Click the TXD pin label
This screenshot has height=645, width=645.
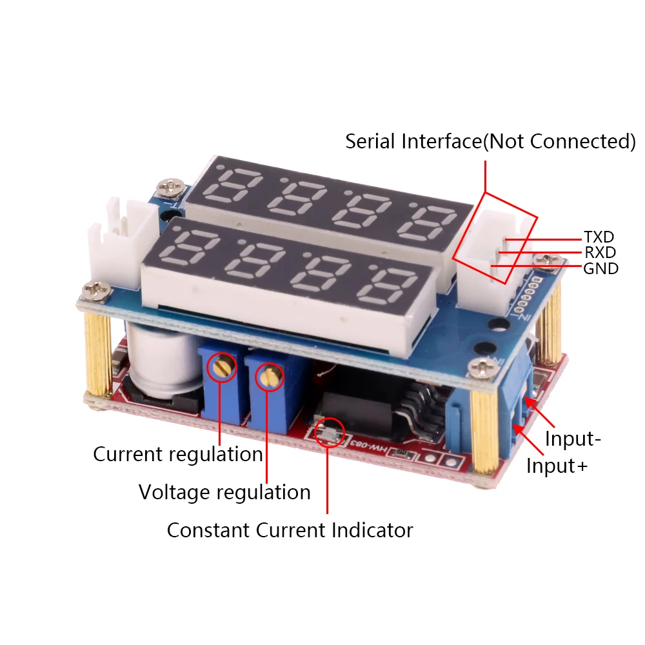[x=599, y=237]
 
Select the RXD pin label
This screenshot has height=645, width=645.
[x=600, y=252]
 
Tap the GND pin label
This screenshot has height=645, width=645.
[x=601, y=268]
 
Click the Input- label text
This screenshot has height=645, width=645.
[x=573, y=439]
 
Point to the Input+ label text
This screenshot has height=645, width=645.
[x=557, y=466]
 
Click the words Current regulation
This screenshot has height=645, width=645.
[x=178, y=455]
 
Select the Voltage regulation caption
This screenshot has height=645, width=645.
[x=224, y=492]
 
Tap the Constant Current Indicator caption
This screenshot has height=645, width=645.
[x=290, y=530]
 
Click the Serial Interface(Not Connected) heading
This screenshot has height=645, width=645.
[x=490, y=141]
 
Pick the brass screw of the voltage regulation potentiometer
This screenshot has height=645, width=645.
[x=270, y=375]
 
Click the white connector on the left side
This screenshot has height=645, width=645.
[x=122, y=243]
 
